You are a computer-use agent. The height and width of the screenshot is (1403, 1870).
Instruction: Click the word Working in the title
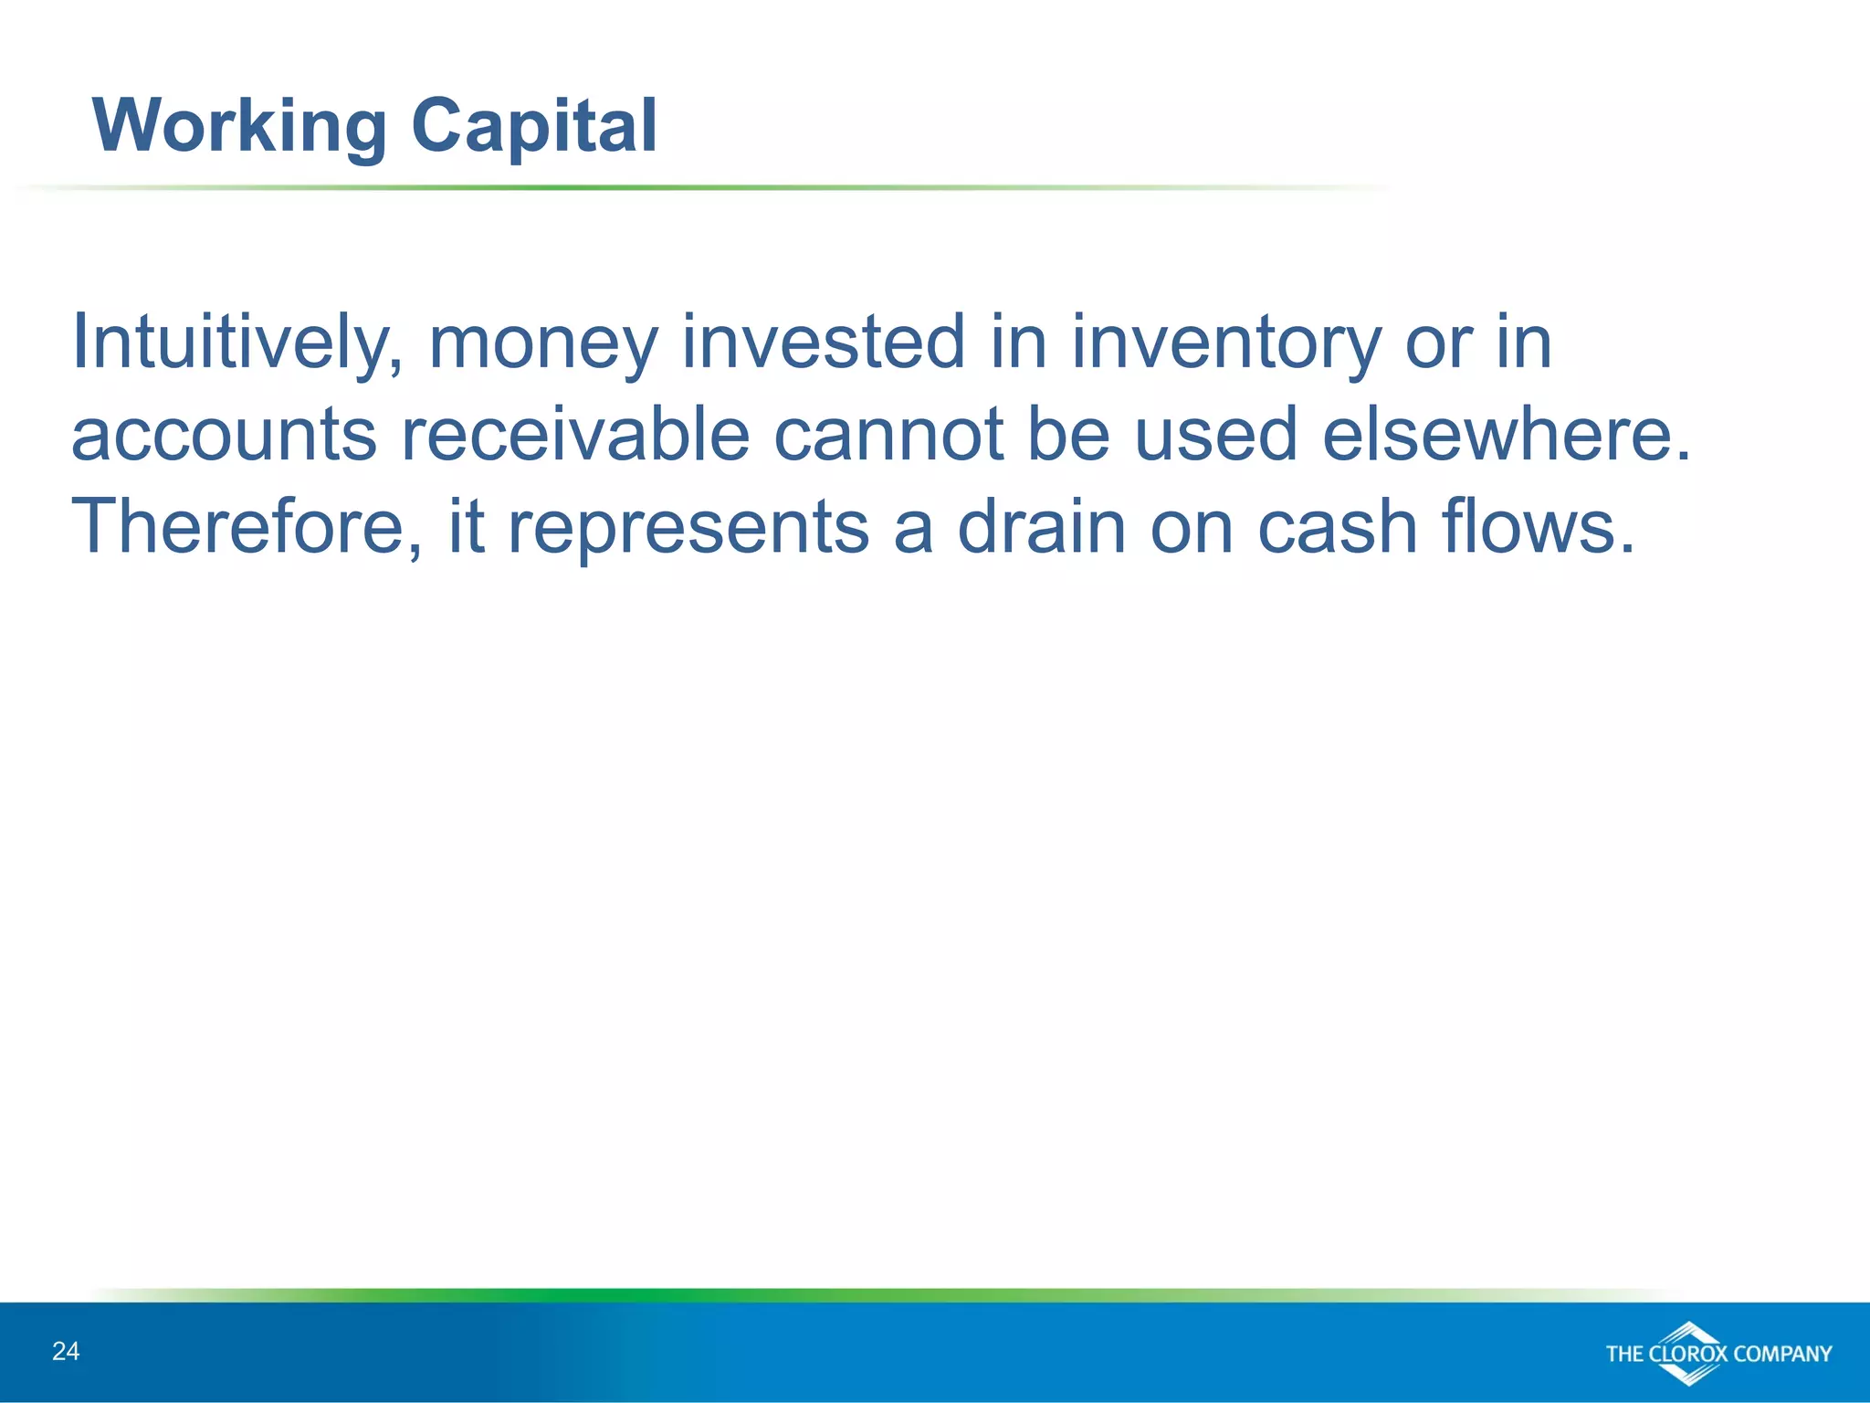239,126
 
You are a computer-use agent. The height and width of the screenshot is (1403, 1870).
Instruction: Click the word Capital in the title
533,126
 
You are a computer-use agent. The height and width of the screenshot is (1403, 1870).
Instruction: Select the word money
543,343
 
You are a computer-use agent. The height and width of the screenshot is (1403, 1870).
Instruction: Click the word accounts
224,436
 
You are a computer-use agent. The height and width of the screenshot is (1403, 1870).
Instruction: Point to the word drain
1041,527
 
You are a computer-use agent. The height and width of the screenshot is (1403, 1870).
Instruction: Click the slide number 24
66,1351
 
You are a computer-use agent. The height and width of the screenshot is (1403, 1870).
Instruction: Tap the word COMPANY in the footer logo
1782,1354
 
